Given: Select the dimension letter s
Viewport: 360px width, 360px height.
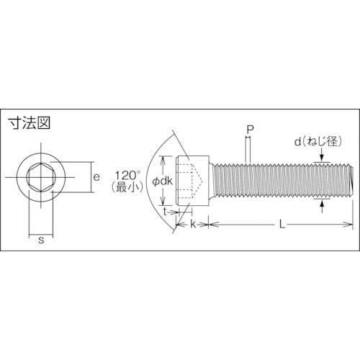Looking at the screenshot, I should pyautogui.click(x=42, y=240).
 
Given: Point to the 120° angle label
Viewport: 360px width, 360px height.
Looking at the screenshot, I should pyautogui.click(x=127, y=174).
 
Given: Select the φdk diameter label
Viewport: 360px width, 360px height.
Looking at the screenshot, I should pyautogui.click(x=162, y=181).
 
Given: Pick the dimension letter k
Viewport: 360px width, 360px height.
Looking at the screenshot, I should pyautogui.click(x=194, y=225).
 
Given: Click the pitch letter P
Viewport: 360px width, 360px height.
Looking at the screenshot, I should pyautogui.click(x=249, y=130).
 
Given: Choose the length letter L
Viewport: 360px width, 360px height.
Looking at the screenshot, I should pyautogui.click(x=282, y=225).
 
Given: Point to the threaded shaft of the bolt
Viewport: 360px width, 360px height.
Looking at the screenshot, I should pyautogui.click(x=281, y=181).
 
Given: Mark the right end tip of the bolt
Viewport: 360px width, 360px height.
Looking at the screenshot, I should pyautogui.click(x=352, y=181).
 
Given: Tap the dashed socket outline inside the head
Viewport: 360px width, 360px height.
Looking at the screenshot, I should pyautogui.click(x=194, y=181).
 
